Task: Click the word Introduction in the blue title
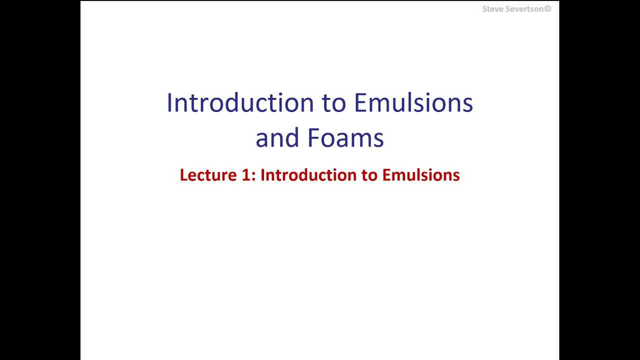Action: pyautogui.click(x=240, y=102)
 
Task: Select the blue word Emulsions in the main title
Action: pyautogui.click(x=413, y=102)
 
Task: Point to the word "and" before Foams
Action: pyautogui.click(x=276, y=137)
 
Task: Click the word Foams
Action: pyautogui.click(x=345, y=137)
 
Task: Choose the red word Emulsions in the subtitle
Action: pyautogui.click(x=421, y=175)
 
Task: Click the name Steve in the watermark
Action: pyautogui.click(x=492, y=9)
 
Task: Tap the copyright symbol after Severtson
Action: pyautogui.click(x=548, y=9)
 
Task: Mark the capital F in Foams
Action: pyautogui.click(x=313, y=137)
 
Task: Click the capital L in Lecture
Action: pyautogui.click(x=183, y=175)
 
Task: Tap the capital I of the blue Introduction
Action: pyautogui.click(x=169, y=102)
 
